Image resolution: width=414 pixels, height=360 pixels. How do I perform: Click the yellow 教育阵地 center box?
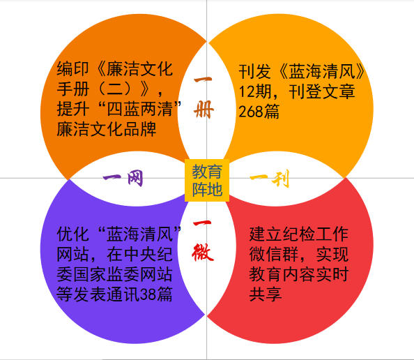pos(207,180)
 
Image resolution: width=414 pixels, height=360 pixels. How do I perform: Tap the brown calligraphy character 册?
pos(204,110)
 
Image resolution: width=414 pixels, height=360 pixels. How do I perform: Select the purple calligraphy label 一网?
pos(123,178)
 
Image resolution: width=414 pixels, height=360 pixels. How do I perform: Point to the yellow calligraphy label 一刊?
pos(270,179)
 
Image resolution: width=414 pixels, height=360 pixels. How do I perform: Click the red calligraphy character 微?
pos(203,253)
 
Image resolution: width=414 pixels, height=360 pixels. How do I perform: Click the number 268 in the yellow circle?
pos(251,112)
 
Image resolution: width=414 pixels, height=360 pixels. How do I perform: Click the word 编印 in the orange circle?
pos(73,69)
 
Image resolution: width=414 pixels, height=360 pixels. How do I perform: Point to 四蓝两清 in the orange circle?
pos(140,109)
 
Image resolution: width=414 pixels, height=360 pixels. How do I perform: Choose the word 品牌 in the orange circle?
pos(140,129)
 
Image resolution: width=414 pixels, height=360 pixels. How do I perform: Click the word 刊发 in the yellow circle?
pos(255,71)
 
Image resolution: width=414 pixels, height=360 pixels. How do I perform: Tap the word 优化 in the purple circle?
pos(73,234)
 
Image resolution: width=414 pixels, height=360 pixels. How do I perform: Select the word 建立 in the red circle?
pos(266,234)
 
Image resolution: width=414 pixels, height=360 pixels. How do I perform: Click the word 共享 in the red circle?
pos(266,294)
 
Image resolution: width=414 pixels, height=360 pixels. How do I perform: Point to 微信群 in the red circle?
pos(274,254)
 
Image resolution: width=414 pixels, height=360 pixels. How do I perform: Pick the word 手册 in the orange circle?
pos(73,89)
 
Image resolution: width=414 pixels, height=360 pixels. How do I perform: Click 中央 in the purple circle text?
pos(140,254)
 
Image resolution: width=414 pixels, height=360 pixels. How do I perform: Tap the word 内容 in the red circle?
pos(299,274)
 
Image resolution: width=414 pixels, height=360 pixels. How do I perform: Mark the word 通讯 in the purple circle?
pos(123,294)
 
